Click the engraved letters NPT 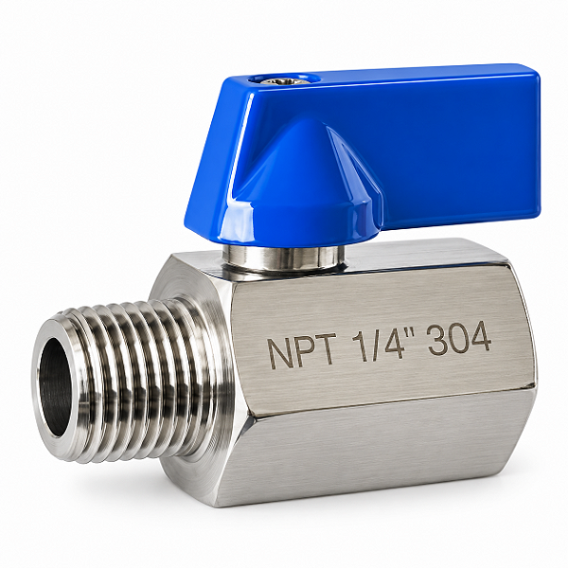pyautogui.click(x=302, y=350)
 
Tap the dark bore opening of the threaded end pyautogui.click(x=54, y=387)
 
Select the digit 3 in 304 pyautogui.click(x=437, y=340)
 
